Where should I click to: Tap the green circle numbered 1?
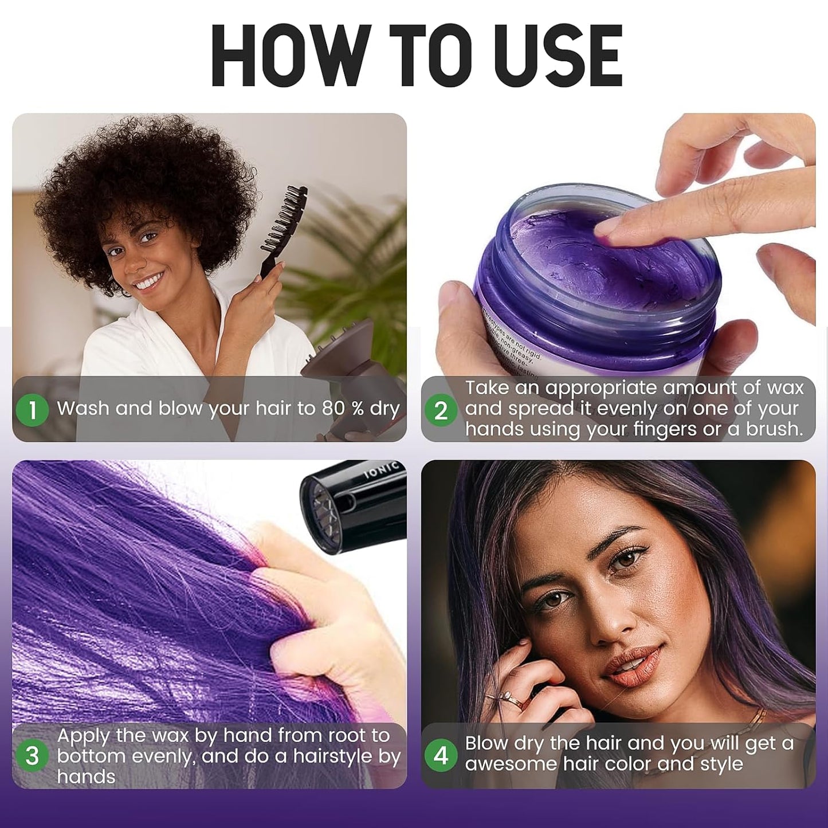(32, 410)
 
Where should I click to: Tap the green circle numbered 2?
(441, 410)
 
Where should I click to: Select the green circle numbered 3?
(32, 756)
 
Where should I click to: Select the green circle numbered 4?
(441, 755)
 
